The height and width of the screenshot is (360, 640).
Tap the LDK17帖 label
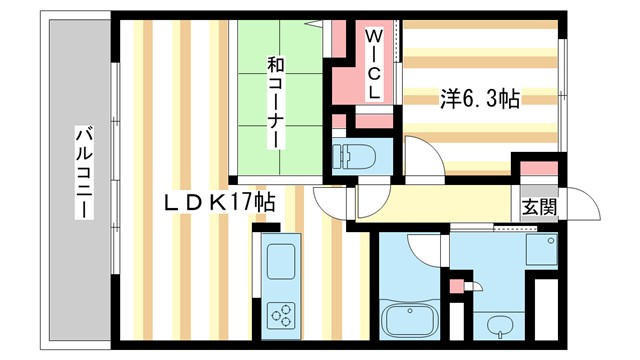(x=221, y=201)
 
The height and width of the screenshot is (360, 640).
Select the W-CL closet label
(x=372, y=62)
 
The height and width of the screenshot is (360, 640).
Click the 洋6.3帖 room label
(x=479, y=99)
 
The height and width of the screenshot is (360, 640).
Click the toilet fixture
(x=355, y=156)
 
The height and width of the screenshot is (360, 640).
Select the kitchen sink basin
(x=279, y=262)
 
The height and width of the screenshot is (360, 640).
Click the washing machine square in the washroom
(x=540, y=249)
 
